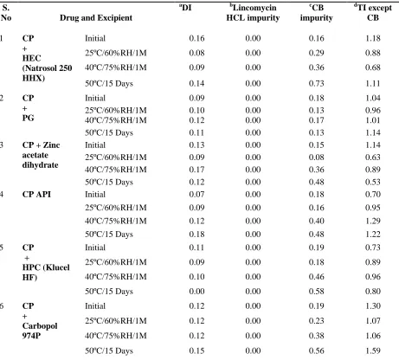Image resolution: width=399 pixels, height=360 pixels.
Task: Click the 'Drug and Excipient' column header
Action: coord(96,18)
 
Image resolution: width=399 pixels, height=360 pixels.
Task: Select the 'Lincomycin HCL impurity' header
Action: coord(253,13)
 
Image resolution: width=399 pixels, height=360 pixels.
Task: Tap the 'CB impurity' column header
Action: coord(316,13)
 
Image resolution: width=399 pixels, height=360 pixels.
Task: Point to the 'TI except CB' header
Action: coord(373,13)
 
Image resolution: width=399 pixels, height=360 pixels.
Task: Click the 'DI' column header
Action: coord(185,8)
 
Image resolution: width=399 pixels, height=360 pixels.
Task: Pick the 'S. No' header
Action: coord(6,13)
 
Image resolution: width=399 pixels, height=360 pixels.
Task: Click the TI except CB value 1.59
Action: coord(373,350)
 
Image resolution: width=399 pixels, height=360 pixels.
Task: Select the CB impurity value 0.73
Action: coord(316,83)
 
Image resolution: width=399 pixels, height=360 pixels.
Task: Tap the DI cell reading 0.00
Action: coord(196,292)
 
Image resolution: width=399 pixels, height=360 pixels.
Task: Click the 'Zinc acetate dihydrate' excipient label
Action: coord(41,155)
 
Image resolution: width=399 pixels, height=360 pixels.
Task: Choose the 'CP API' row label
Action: coord(36,195)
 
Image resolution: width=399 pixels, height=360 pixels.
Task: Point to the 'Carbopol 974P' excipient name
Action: coord(40,331)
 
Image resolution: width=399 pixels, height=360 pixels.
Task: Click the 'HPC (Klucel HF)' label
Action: coord(46,273)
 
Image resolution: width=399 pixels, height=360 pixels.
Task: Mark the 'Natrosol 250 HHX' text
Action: coord(47,73)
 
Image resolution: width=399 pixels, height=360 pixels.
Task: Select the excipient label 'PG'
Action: coord(28,118)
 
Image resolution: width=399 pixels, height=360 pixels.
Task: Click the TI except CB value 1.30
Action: coord(373,306)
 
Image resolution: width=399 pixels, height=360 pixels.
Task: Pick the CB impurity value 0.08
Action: coord(316,157)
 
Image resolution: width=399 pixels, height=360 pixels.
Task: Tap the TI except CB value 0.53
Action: coord(373,182)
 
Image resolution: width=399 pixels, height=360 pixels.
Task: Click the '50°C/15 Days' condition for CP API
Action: coord(109,235)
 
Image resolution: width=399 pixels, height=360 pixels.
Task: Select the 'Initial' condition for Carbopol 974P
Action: coord(95,306)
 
